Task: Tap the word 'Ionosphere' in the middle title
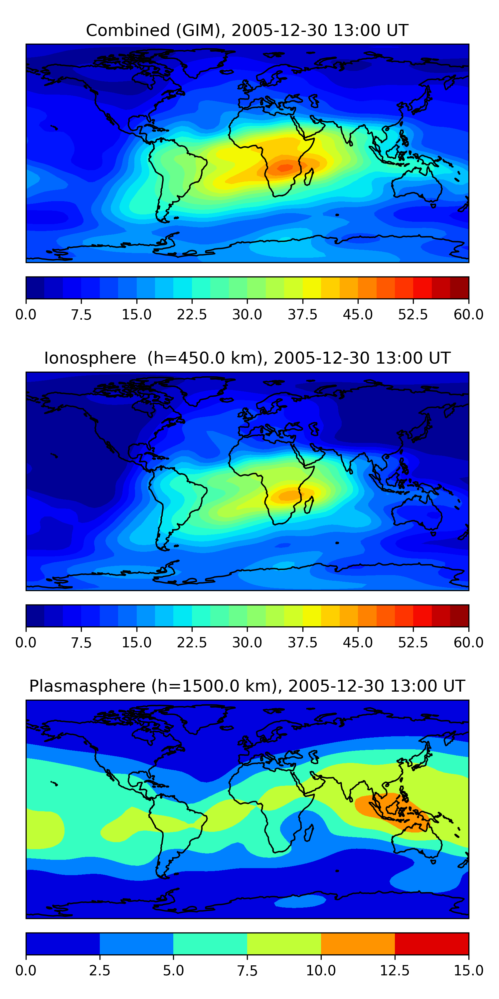tap(90, 358)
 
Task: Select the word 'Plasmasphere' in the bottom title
tap(87, 686)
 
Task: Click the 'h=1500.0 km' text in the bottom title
tap(214, 686)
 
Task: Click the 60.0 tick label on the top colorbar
tap(468, 314)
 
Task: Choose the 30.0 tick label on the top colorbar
tap(247, 314)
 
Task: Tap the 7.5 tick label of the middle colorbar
tap(82, 643)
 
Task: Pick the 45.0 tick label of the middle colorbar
tap(358, 643)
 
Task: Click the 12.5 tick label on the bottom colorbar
tap(395, 971)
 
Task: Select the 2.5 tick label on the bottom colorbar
tap(99, 971)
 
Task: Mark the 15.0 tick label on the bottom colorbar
tap(468, 971)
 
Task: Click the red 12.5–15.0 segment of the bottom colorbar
tap(431, 943)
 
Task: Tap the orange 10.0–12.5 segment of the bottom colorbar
tap(358, 943)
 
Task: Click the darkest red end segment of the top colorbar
tap(459, 288)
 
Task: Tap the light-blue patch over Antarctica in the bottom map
tap(300, 900)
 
